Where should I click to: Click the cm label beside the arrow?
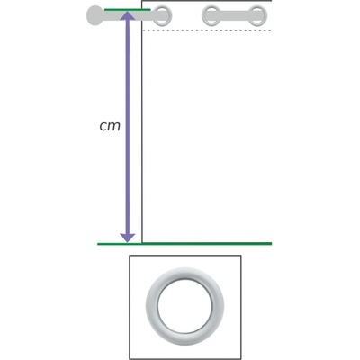click(110, 127)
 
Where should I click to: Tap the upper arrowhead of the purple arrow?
click(127, 15)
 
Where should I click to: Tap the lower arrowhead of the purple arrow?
click(127, 238)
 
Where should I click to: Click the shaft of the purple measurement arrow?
click(127, 127)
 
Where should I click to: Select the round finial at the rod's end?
click(94, 15)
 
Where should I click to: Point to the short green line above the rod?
click(127, 10)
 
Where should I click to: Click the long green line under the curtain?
click(184, 244)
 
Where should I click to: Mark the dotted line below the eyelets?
click(207, 31)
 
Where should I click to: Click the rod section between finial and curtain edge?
click(121, 15)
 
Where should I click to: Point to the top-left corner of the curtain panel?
click(141, 1)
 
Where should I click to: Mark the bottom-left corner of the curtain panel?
click(142, 242)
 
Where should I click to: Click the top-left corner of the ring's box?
click(130, 256)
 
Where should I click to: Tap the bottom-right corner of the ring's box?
click(241, 359)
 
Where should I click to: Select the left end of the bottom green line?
click(98, 244)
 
